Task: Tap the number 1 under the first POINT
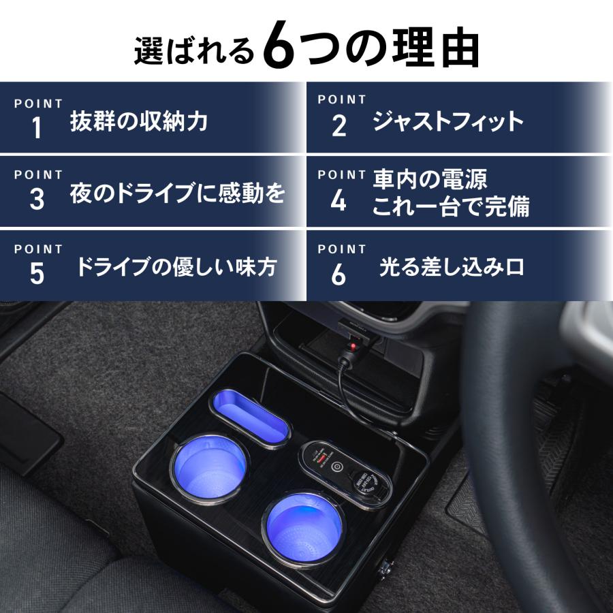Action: coord(37,128)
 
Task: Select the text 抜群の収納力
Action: coord(139,122)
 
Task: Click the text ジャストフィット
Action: coord(448,122)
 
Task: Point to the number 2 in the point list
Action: coord(339,127)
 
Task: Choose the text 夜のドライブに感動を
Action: coord(177,195)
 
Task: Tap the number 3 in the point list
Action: coord(37,200)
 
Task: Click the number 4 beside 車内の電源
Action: coord(339,200)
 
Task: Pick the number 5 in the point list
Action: coord(37,274)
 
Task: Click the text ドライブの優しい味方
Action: coord(176,267)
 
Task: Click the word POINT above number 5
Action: coord(38,249)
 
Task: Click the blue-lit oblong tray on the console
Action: coord(249,418)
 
